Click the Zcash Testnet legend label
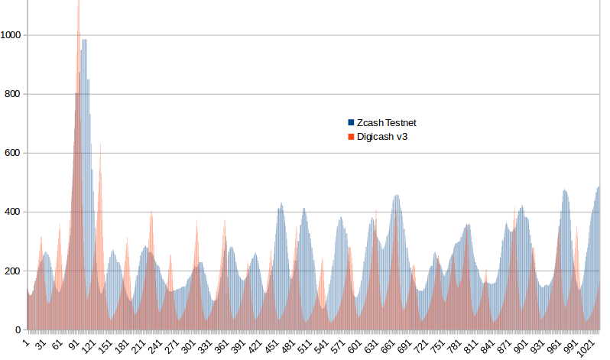coord(386,122)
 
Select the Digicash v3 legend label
coord(384,137)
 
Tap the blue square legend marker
coord(351,122)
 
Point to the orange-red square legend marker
coord(351,137)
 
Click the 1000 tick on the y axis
coord(12,35)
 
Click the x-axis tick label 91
coord(73,345)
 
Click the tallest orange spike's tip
coord(79,2)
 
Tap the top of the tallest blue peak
coord(84,40)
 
